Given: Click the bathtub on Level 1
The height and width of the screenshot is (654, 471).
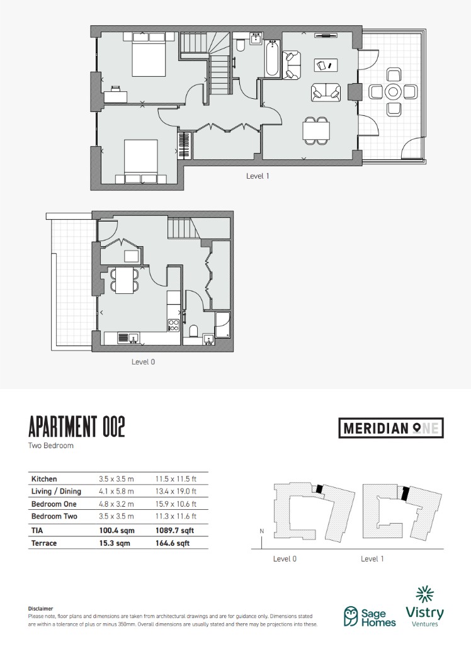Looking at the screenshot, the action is [x=272, y=59].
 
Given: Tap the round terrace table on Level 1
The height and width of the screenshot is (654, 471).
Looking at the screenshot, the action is [x=393, y=92].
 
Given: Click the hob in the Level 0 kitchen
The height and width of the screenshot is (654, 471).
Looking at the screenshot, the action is [x=174, y=325].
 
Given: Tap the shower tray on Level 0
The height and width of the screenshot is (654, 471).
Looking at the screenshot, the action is [x=222, y=325].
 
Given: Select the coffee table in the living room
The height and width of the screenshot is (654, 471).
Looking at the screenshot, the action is [x=326, y=65].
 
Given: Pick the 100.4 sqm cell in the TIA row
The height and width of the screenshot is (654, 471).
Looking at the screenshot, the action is [x=115, y=531].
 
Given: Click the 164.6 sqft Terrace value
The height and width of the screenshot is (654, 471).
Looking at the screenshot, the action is [x=173, y=543].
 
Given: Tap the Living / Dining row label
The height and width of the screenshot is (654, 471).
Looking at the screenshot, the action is [x=56, y=492].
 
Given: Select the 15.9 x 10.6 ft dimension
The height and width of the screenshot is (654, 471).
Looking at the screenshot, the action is [x=176, y=504].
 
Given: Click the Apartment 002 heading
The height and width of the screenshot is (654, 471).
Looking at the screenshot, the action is [x=77, y=427].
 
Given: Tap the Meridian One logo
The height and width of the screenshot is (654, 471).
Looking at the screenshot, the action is [x=391, y=429].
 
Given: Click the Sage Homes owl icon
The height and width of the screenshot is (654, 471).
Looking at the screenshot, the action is [x=351, y=616].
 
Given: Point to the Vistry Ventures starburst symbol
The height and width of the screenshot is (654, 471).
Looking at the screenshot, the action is [x=424, y=594].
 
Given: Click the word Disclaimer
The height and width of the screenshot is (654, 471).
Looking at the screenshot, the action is [x=40, y=609].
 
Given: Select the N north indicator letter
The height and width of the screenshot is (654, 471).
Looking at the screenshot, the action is [x=261, y=531].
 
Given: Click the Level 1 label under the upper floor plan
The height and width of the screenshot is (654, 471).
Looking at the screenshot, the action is [x=258, y=176].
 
